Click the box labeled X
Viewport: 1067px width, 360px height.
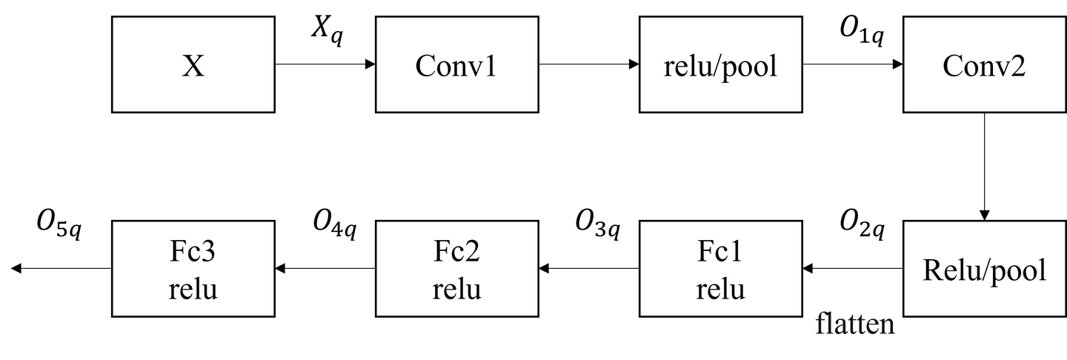tap(193, 65)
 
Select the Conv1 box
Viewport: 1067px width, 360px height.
tap(456, 65)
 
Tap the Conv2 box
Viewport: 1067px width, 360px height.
tap(984, 65)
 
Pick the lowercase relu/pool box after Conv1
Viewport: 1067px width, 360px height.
tap(720, 65)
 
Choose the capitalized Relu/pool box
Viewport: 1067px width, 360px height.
tap(984, 270)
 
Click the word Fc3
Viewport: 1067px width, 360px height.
tap(193, 253)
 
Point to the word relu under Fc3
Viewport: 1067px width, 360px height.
tap(193, 288)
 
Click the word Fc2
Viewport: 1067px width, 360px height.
tap(456, 253)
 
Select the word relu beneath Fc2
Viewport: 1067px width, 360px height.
tap(456, 288)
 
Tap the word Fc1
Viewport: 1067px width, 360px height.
tap(720, 253)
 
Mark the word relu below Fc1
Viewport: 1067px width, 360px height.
tap(720, 288)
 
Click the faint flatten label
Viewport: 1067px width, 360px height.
tap(855, 324)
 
